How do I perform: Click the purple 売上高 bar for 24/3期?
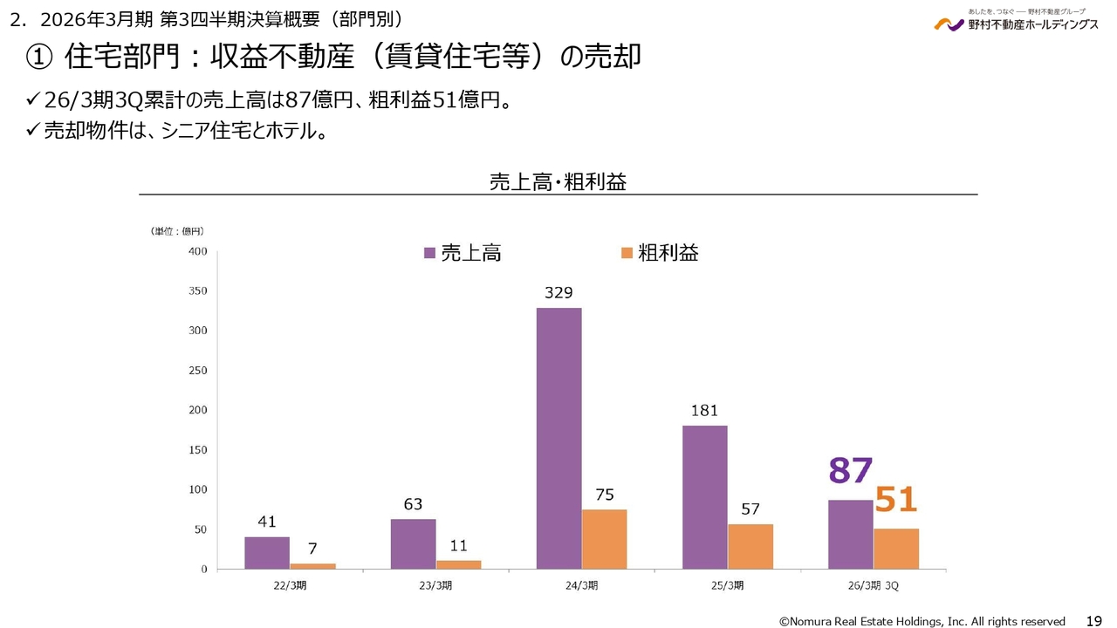tap(558, 438)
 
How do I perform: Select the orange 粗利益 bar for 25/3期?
tap(750, 546)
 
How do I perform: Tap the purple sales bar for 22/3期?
tap(267, 553)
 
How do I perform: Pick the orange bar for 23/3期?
tap(458, 564)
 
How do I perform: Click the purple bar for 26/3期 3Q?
tap(850, 535)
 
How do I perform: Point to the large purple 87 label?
tap(850, 471)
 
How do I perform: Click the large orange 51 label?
tap(896, 500)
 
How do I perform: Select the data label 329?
tap(558, 293)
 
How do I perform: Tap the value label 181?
tap(704, 410)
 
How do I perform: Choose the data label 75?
tap(604, 495)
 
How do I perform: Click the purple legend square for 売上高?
tap(429, 253)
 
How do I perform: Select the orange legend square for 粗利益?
tap(626, 253)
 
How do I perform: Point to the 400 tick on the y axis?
tap(197, 251)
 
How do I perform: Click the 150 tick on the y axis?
tap(197, 450)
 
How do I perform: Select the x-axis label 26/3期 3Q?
tap(873, 584)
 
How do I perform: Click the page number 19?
tap(1093, 620)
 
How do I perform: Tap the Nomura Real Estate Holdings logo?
tap(1016, 22)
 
